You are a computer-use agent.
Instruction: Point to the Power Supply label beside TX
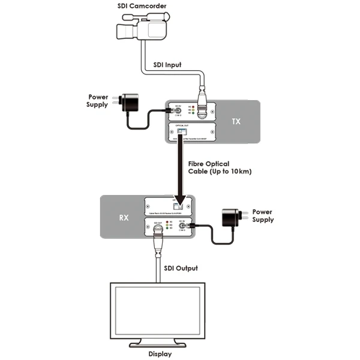click(x=98, y=100)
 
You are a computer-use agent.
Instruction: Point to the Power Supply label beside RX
click(x=262, y=216)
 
